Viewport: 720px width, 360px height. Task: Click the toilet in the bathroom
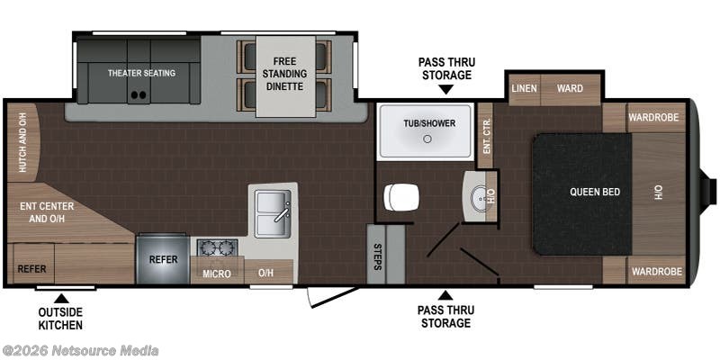click(401, 197)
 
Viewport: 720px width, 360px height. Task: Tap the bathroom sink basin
click(481, 198)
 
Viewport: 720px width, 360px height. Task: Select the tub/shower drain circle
click(427, 139)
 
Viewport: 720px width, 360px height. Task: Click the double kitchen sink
click(274, 214)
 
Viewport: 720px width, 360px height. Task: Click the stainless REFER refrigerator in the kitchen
click(163, 259)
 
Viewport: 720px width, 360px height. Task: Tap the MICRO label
click(217, 274)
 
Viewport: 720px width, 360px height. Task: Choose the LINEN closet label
click(525, 88)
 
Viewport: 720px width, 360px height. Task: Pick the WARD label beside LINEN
click(570, 88)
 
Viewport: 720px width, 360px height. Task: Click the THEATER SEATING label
click(141, 73)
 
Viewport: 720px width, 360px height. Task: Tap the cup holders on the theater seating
click(139, 95)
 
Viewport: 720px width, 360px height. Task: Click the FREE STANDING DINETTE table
click(286, 76)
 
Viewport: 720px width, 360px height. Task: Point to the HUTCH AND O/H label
click(22, 142)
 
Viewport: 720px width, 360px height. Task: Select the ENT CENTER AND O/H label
click(47, 212)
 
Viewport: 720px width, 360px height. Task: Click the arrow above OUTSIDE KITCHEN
click(61, 299)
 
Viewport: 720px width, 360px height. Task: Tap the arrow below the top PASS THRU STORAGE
click(445, 89)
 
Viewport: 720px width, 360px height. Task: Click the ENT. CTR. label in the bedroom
click(487, 136)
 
